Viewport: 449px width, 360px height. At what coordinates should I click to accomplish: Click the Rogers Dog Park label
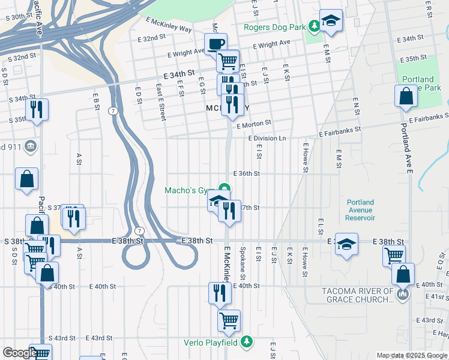point(275,27)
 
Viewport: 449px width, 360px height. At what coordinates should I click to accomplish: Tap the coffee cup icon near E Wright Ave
point(216,43)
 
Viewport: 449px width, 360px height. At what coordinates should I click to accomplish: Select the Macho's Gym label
point(190,191)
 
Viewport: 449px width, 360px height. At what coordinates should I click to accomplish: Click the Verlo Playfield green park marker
point(246,342)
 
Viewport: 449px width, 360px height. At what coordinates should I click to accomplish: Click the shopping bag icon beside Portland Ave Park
point(406,95)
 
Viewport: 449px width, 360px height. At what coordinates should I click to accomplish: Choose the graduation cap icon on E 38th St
point(346,244)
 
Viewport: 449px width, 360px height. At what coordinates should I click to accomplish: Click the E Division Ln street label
point(267,139)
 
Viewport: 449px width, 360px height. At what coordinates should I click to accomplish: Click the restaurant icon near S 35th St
point(37,109)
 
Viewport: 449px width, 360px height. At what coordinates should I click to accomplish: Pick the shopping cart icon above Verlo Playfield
point(229,320)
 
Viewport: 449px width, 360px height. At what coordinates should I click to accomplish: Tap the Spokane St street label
point(243,263)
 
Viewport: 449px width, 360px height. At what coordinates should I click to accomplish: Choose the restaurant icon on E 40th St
point(220,293)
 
